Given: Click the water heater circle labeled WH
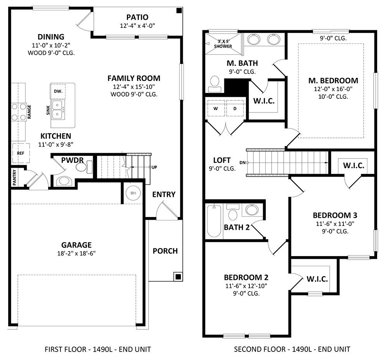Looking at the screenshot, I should click(133, 193).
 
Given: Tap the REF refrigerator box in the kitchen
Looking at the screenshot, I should click(20, 153).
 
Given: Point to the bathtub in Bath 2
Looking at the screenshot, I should click(214, 221).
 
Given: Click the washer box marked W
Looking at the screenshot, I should click(216, 108).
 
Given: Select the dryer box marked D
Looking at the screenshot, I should click(235, 108).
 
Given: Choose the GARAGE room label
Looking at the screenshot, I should click(76, 245).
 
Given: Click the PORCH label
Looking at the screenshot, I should click(165, 251).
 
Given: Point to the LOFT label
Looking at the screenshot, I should click(222, 160).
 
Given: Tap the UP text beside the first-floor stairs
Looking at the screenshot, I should click(154, 167).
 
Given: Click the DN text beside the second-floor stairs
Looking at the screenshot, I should click(242, 162).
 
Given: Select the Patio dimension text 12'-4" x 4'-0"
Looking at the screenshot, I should click(137, 26).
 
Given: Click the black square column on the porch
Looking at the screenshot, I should click(178, 276).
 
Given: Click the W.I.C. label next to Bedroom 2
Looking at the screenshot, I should click(317, 279).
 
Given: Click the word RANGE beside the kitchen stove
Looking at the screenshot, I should click(29, 112).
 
